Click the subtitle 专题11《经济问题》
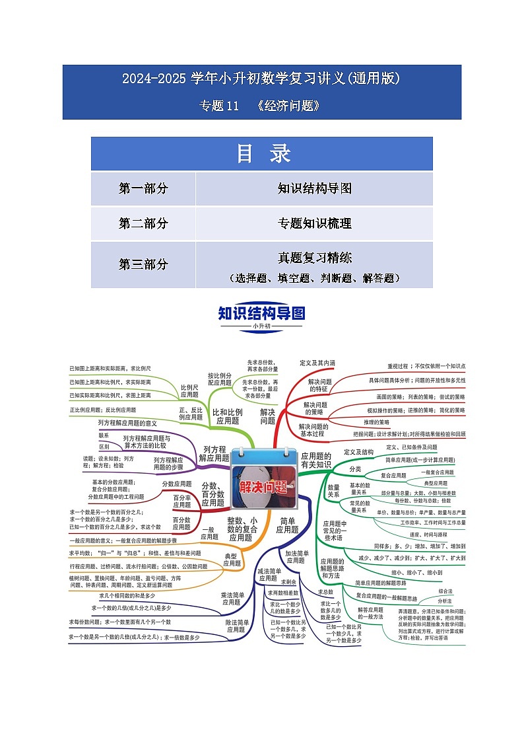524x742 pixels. coord(261,105)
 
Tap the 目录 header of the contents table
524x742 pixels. coord(262,153)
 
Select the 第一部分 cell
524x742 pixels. coord(143,189)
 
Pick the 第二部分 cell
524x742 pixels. coord(143,223)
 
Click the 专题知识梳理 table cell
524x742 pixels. coord(314,223)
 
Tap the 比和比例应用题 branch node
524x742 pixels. coord(228,416)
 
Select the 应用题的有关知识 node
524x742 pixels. coord(315,460)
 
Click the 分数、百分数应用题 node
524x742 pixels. coord(213,494)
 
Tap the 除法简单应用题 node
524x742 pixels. coord(238,626)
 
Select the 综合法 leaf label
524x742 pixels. coord(445,591)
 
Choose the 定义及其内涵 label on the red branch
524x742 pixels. coord(317,363)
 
